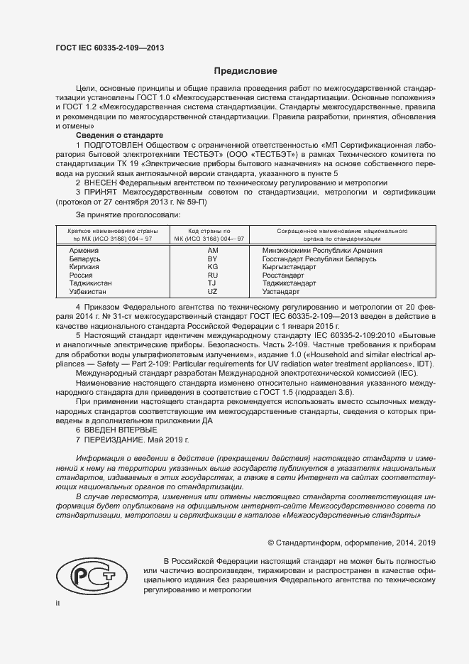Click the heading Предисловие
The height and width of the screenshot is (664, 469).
point(246,71)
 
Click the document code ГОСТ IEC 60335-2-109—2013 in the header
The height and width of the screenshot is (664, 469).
point(110,48)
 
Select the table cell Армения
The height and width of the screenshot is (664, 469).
point(84,251)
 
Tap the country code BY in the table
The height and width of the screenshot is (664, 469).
point(212,261)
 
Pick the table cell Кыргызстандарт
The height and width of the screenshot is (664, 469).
point(291,268)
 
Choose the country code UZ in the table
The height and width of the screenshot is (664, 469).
point(212,292)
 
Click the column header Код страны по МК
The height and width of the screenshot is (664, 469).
point(212,235)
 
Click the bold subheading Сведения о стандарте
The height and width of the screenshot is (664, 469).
point(119,135)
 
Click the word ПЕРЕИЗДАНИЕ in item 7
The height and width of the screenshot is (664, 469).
point(116,440)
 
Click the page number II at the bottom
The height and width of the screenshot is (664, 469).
point(58,604)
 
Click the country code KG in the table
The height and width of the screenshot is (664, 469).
point(212,268)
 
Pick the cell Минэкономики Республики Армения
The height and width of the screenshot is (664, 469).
point(322,251)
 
